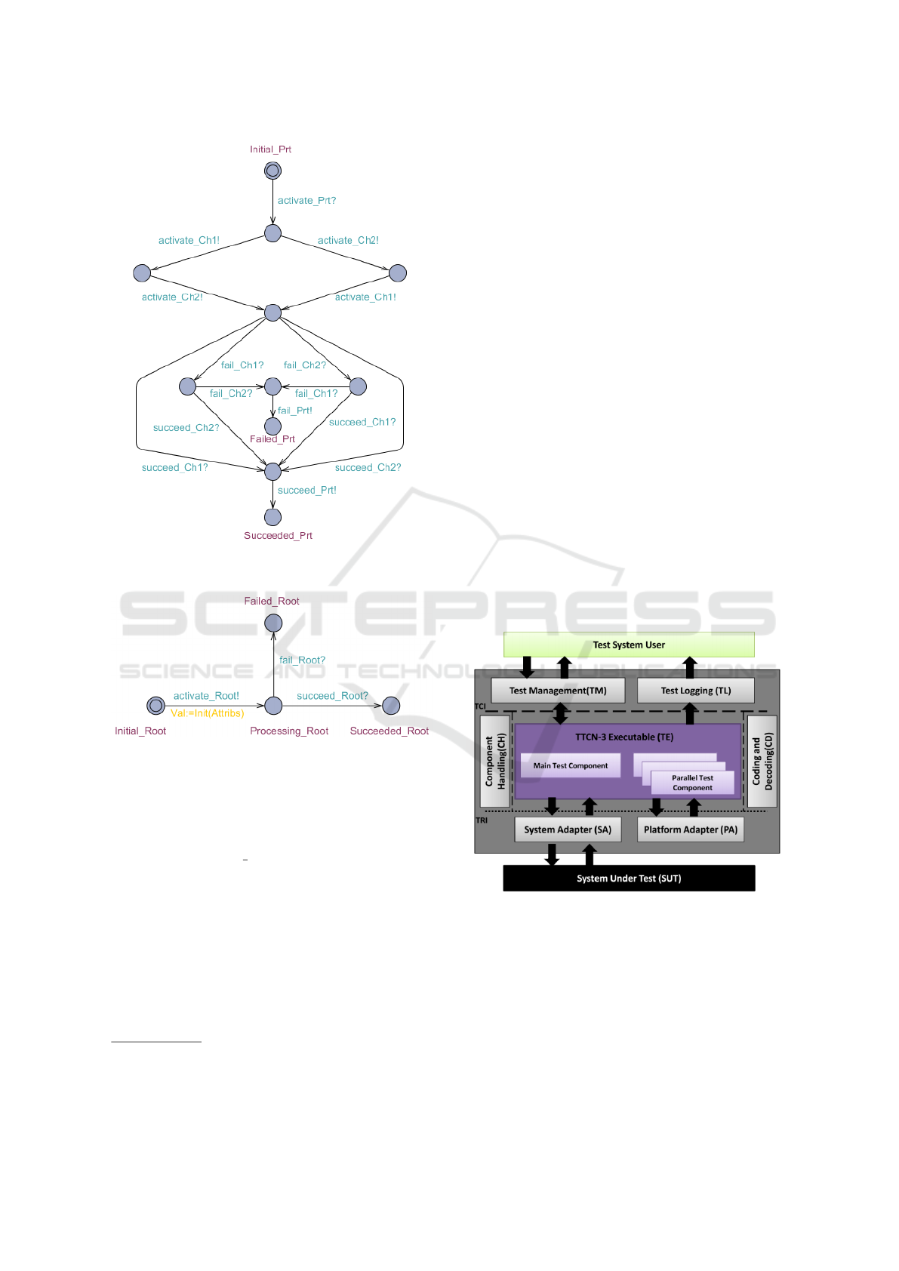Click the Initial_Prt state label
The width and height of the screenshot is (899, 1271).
(270, 149)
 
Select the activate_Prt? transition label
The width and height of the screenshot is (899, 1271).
(306, 201)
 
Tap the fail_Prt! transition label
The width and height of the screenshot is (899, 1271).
(294, 411)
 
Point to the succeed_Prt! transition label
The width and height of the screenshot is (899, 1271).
(306, 491)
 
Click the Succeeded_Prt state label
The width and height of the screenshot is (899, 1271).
(278, 536)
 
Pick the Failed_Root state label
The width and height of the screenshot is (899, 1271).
(272, 602)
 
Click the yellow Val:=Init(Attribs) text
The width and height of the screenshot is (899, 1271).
(208, 713)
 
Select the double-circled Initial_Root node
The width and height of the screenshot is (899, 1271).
(155, 706)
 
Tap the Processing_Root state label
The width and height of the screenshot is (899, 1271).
(289, 731)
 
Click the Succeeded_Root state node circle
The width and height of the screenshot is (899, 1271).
(391, 706)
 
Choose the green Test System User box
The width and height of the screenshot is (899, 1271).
(629, 645)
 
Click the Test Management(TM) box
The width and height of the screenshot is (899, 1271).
(558, 691)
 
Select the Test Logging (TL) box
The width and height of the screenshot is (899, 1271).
(695, 691)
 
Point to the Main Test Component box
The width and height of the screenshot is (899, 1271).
(570, 765)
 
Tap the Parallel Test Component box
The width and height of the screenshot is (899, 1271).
(692, 783)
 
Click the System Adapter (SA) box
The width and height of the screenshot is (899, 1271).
(568, 829)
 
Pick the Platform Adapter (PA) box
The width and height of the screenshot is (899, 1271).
(690, 829)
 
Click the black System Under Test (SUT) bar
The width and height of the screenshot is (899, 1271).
(629, 879)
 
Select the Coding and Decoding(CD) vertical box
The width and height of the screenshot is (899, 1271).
(762, 762)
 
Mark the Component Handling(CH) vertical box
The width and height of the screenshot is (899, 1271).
(495, 762)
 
